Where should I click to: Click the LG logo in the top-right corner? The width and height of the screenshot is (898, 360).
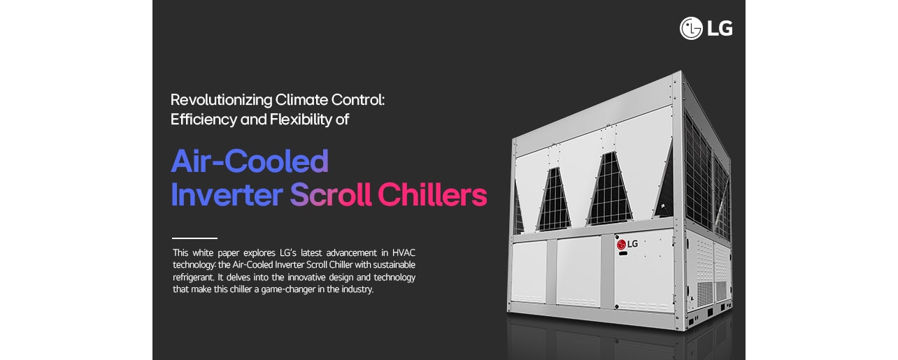pyautogui.click(x=706, y=28)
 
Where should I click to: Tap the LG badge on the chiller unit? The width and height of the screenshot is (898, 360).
pyautogui.click(x=627, y=244)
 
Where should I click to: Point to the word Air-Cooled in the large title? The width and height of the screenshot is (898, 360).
pyautogui.click(x=250, y=161)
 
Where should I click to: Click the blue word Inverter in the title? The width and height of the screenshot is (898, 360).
pyautogui.click(x=227, y=195)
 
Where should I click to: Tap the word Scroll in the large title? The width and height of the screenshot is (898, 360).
pyautogui.click(x=330, y=195)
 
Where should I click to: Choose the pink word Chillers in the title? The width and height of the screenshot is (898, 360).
pyautogui.click(x=432, y=195)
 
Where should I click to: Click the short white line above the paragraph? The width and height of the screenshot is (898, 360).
pyautogui.click(x=194, y=238)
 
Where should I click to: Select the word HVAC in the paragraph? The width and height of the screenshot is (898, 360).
pyautogui.click(x=404, y=252)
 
